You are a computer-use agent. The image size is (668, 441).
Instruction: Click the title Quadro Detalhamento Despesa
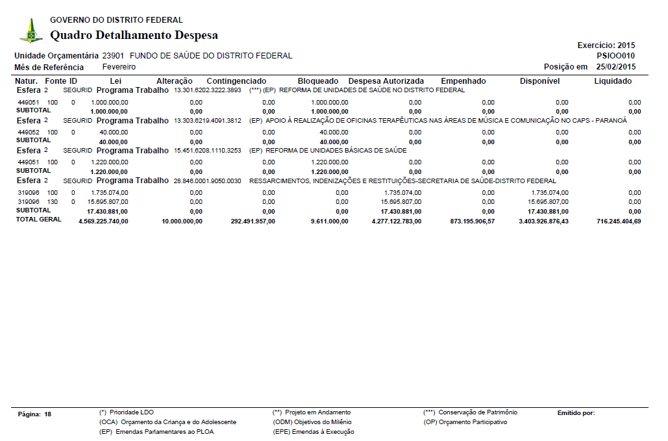point(134,35)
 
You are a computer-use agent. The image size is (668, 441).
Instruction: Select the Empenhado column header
point(463,81)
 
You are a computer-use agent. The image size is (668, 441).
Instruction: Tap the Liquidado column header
point(613,81)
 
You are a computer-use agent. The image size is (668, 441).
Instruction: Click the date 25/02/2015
point(616,67)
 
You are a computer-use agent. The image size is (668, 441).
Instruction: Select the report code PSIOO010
point(615,56)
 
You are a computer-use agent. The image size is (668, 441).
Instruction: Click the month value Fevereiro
point(119,67)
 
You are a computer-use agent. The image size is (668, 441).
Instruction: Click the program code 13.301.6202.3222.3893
point(207,90)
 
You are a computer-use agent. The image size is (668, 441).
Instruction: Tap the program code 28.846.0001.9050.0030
point(207,181)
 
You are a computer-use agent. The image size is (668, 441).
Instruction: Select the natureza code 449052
point(28,132)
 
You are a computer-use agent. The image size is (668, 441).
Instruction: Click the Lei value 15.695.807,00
point(108,202)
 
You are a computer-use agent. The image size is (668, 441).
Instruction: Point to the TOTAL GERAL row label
point(39,220)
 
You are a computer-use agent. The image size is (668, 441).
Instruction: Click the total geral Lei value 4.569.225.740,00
point(103,221)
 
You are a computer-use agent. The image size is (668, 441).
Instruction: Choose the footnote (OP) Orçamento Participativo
point(465,422)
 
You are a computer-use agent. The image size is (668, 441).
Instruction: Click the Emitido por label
point(576,413)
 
